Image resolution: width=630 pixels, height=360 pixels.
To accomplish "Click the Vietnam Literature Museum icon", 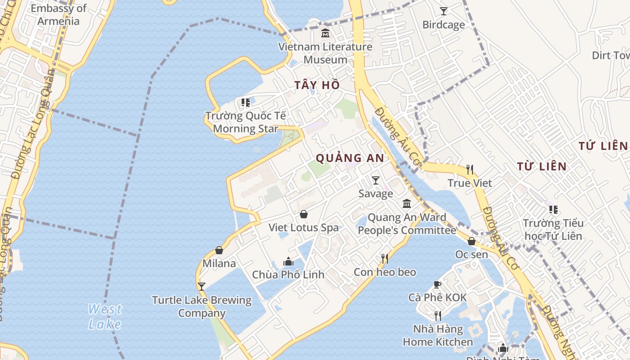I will [x=325, y=33].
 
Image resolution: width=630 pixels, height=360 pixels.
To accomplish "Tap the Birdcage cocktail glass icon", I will [x=444, y=11].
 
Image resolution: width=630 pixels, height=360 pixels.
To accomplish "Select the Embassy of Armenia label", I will [x=58, y=14].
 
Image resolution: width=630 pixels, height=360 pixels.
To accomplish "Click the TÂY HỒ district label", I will [x=317, y=85].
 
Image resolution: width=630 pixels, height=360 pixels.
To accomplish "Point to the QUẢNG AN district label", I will [x=350, y=158].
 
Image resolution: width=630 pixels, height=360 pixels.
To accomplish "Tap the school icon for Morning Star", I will [x=245, y=103].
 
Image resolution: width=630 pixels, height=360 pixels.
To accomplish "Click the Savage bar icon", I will [x=376, y=180].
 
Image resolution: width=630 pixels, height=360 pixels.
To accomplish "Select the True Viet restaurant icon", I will [x=470, y=170].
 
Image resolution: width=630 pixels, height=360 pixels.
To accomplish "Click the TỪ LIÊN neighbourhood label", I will [x=542, y=166].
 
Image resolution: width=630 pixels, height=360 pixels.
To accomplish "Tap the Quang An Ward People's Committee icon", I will [x=407, y=204].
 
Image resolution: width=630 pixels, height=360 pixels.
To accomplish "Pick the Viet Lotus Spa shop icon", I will [x=304, y=214].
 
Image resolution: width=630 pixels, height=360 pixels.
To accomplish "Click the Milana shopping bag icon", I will [x=219, y=250].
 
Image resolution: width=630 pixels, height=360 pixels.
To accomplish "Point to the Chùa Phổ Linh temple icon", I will [x=288, y=261].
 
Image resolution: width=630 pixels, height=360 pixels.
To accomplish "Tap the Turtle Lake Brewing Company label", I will [x=202, y=306].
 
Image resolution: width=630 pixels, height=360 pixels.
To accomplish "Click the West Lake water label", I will [x=104, y=317].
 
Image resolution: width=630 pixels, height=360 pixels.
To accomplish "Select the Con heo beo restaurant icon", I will [x=385, y=259].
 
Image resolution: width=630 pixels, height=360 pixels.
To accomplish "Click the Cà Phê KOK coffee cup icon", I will [x=437, y=284].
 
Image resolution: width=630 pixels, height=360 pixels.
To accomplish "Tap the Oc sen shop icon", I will [x=472, y=242].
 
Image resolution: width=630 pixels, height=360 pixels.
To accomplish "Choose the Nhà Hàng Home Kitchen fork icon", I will [x=437, y=315].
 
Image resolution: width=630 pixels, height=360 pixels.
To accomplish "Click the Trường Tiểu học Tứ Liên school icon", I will [x=553, y=210].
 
